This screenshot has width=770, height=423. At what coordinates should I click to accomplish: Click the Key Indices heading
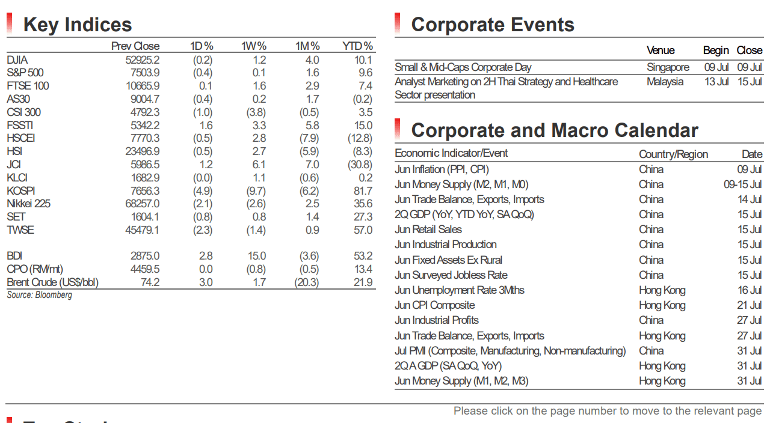tap(78, 25)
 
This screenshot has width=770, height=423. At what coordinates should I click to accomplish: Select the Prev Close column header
tap(135, 46)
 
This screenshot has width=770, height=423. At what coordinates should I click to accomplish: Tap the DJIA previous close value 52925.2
tap(143, 60)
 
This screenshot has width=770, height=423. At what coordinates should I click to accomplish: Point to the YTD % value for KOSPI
tap(363, 191)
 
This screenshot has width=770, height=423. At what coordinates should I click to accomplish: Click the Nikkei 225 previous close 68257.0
tap(143, 204)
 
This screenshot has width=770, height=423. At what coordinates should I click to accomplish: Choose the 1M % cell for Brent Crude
tap(307, 282)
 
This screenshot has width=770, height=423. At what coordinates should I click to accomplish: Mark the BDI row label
tap(14, 256)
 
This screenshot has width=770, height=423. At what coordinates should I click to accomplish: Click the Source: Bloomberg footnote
tap(40, 295)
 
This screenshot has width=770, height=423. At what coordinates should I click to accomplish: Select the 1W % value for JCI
tap(259, 165)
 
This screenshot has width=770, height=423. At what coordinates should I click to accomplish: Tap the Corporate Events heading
tap(493, 25)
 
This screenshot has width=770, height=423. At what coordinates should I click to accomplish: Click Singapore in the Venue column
tap(668, 67)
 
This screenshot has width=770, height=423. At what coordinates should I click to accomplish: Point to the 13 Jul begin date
tap(716, 82)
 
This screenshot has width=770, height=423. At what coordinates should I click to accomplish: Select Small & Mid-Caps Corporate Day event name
tap(463, 67)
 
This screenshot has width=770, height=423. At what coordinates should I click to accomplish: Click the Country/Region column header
tap(673, 154)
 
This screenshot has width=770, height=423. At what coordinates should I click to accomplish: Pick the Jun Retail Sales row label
tap(428, 230)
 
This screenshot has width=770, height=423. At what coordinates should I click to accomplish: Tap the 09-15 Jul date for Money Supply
tap(742, 184)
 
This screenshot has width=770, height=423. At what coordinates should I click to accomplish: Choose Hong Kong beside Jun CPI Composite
tap(662, 305)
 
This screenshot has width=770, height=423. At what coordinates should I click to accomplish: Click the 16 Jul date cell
tap(750, 290)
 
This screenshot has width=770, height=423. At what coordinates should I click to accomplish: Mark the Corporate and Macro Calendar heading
tap(555, 131)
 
